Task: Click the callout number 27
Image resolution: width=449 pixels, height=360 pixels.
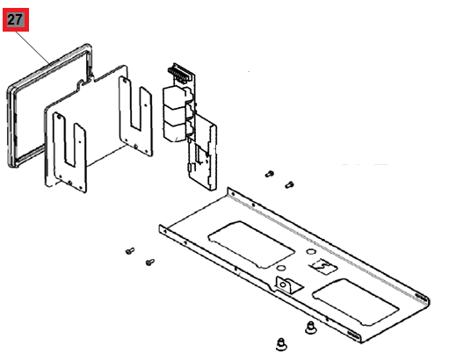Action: (15, 19)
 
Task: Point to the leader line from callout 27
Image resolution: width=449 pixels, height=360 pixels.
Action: (33, 47)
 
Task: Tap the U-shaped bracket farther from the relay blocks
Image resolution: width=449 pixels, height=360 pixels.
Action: (69, 152)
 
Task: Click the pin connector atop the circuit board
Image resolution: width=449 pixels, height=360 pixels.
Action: (178, 73)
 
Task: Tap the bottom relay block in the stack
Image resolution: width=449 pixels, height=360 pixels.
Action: (175, 131)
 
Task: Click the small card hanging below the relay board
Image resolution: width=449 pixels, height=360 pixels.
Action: (202, 152)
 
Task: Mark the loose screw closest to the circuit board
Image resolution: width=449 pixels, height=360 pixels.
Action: (270, 174)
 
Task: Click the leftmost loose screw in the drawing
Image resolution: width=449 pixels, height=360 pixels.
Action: (130, 251)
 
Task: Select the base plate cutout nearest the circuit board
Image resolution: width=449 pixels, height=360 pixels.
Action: (251, 244)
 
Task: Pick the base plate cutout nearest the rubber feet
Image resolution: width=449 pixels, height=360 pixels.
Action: (356, 301)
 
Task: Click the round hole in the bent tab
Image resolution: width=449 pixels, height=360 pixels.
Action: (283, 284)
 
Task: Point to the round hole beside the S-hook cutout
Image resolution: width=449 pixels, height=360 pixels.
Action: (311, 251)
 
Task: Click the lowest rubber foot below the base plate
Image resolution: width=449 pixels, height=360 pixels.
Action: (281, 344)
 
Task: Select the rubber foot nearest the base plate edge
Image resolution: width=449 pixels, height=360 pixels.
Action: (311, 328)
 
